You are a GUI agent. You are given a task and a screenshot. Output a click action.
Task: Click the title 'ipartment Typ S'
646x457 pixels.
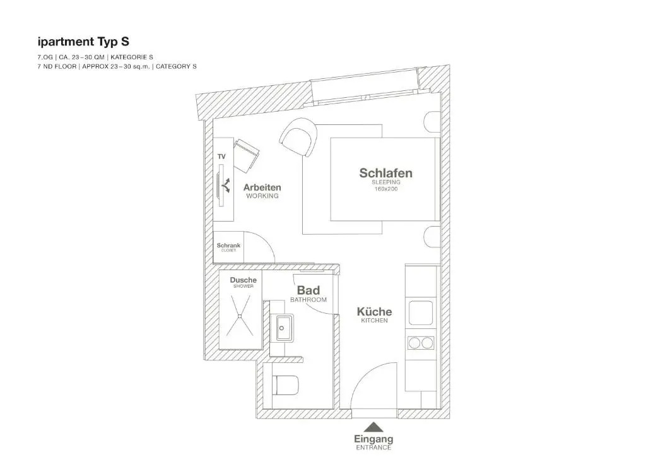pyautogui.click(x=83, y=42)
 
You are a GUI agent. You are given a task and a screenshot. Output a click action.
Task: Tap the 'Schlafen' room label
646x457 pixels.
pyautogui.click(x=385, y=173)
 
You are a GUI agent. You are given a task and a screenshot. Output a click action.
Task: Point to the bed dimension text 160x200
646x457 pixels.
pyautogui.click(x=386, y=189)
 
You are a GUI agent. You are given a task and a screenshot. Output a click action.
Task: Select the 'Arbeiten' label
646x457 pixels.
pyautogui.click(x=262, y=187)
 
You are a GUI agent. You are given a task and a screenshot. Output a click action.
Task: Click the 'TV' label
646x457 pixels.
pyautogui.click(x=221, y=157)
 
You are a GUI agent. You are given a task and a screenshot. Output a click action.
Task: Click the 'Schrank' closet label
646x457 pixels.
pyautogui.click(x=228, y=246)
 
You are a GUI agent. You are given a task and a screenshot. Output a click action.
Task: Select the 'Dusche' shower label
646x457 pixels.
pyautogui.click(x=243, y=280)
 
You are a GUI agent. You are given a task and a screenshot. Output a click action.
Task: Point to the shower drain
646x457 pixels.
pyautogui.click(x=239, y=316)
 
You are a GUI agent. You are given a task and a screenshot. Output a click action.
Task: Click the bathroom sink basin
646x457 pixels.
pyautogui.click(x=283, y=328)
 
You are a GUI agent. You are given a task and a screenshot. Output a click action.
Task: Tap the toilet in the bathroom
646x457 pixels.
pyautogui.click(x=286, y=385)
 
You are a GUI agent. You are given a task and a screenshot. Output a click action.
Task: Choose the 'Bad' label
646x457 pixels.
pyautogui.click(x=308, y=290)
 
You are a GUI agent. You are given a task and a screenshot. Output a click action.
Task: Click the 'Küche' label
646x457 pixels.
pyautogui.click(x=374, y=312)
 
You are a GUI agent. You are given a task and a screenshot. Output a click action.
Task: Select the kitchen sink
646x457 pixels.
pyautogui.click(x=421, y=313)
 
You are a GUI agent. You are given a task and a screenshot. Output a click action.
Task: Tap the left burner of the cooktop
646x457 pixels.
pyautogui.click(x=414, y=343)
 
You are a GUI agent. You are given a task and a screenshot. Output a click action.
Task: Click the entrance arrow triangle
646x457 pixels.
pyautogui.click(x=373, y=427)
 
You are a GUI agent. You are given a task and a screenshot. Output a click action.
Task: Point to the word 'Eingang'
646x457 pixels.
pyautogui.click(x=373, y=439)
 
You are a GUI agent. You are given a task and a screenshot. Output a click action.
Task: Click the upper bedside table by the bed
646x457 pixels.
pyautogui.click(x=432, y=122)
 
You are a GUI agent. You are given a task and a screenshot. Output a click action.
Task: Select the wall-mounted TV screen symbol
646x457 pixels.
pyautogui.click(x=221, y=186)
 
